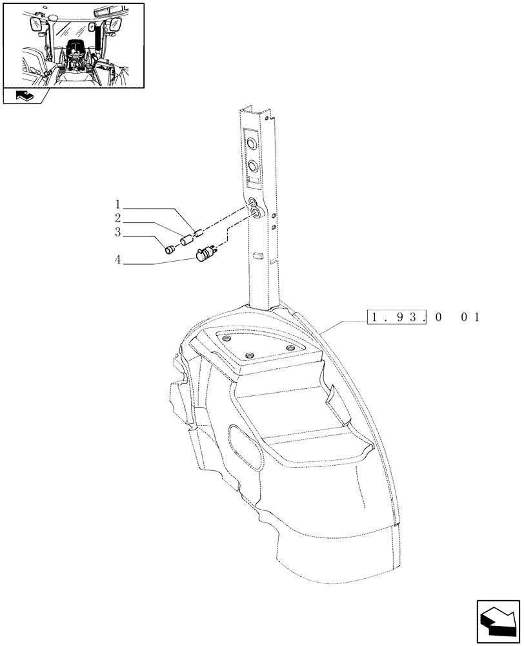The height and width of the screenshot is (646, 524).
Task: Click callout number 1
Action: point(118,208)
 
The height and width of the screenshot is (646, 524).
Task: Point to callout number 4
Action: point(118,262)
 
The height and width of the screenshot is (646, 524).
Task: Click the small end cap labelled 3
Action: point(170,249)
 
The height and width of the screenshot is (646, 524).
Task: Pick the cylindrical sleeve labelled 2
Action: point(186,241)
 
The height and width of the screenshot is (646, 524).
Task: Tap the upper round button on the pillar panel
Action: point(252,143)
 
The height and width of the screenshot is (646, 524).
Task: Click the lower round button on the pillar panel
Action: point(252,166)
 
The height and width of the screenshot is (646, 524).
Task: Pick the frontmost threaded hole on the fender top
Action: point(250,355)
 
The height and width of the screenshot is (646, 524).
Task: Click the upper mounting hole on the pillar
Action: point(274,215)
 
